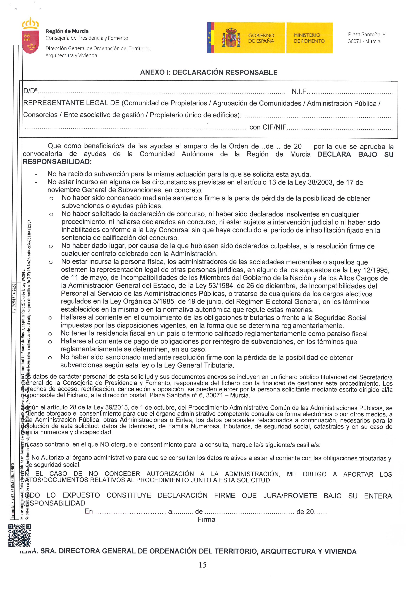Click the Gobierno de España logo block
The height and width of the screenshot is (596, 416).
246,38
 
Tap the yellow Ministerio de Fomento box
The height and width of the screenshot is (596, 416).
309,38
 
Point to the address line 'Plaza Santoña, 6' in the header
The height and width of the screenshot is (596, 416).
366,34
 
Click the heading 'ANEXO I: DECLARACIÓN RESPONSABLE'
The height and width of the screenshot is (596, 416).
209,72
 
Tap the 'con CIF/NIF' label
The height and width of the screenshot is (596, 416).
268,127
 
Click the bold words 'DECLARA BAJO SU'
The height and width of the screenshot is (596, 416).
355,155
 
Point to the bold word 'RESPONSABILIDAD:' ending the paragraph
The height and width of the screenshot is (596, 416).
57,162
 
